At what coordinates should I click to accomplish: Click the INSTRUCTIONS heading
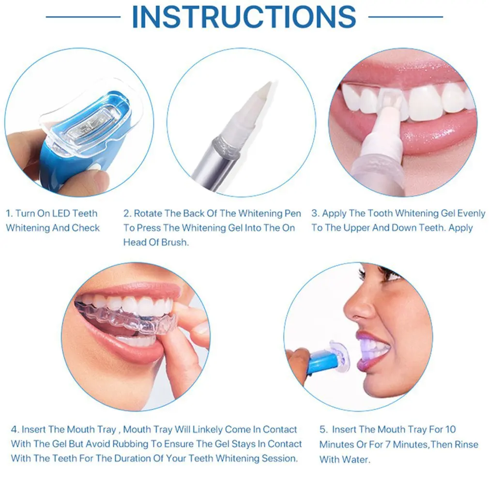pyautogui.click(x=244, y=17)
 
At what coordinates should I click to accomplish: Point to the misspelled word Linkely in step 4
pyautogui.click(x=209, y=429)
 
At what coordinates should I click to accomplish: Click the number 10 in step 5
pyautogui.click(x=450, y=429)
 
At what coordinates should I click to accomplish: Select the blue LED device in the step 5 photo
pyautogui.click(x=320, y=361)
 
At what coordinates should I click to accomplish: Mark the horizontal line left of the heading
pyautogui.click(x=83, y=17)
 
